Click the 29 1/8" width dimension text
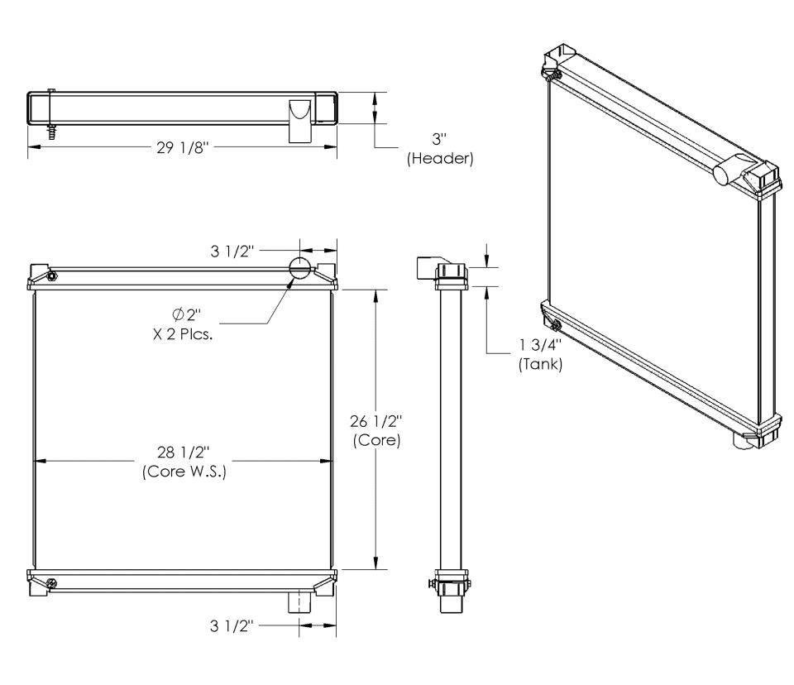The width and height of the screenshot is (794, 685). click(x=182, y=147)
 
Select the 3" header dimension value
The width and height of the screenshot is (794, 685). click(x=439, y=139)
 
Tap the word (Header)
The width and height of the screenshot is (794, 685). click(x=440, y=159)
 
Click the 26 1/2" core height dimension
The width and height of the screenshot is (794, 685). click(x=376, y=421)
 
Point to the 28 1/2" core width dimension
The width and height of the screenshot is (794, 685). click(x=184, y=452)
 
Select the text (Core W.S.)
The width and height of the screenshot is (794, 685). click(x=184, y=472)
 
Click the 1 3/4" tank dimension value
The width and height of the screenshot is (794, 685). click(x=540, y=345)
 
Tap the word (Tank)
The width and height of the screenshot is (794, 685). click(x=540, y=364)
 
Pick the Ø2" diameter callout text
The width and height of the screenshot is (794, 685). click(x=187, y=315)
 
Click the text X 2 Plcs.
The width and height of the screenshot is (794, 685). click(x=183, y=334)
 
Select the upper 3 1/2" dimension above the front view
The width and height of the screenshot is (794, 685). click(x=232, y=251)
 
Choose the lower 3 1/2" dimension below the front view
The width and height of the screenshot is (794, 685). click(x=232, y=625)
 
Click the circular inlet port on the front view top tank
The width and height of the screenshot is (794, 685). click(x=299, y=267)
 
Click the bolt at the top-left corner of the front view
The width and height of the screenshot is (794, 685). click(x=51, y=276)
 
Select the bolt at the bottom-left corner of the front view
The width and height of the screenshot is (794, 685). click(x=51, y=584)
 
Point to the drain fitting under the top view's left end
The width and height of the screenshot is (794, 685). click(x=51, y=132)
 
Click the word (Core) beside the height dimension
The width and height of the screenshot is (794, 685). click(x=377, y=440)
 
